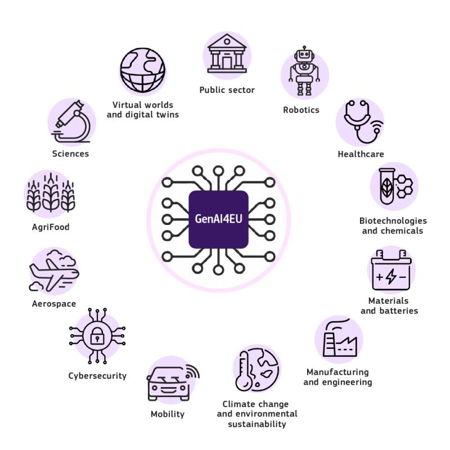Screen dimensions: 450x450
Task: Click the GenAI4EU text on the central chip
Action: pyautogui.click(x=218, y=219)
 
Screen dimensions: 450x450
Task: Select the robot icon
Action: pyautogui.click(x=304, y=71)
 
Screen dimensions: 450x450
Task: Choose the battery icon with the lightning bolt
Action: pyautogui.click(x=391, y=270)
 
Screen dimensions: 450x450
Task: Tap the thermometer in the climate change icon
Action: pyautogui.click(x=244, y=371)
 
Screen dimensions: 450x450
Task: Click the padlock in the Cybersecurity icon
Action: pyautogui.click(x=97, y=336)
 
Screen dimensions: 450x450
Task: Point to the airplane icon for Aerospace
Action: pyautogui.click(x=53, y=271)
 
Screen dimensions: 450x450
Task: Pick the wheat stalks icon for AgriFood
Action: pyautogui.click(x=51, y=192)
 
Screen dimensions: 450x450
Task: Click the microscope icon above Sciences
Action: pyautogui.click(x=72, y=121)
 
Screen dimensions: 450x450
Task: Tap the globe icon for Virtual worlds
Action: pyautogui.click(x=143, y=70)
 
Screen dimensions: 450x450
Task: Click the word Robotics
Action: pyautogui.click(x=301, y=110)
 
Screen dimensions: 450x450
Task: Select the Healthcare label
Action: pyautogui.click(x=361, y=154)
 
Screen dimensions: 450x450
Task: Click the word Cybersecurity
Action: pyautogui.click(x=97, y=376)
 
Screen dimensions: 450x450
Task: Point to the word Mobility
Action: pyautogui.click(x=168, y=414)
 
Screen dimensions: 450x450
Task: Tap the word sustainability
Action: pyautogui.click(x=257, y=424)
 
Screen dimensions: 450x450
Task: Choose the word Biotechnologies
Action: pyautogui.click(x=393, y=221)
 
